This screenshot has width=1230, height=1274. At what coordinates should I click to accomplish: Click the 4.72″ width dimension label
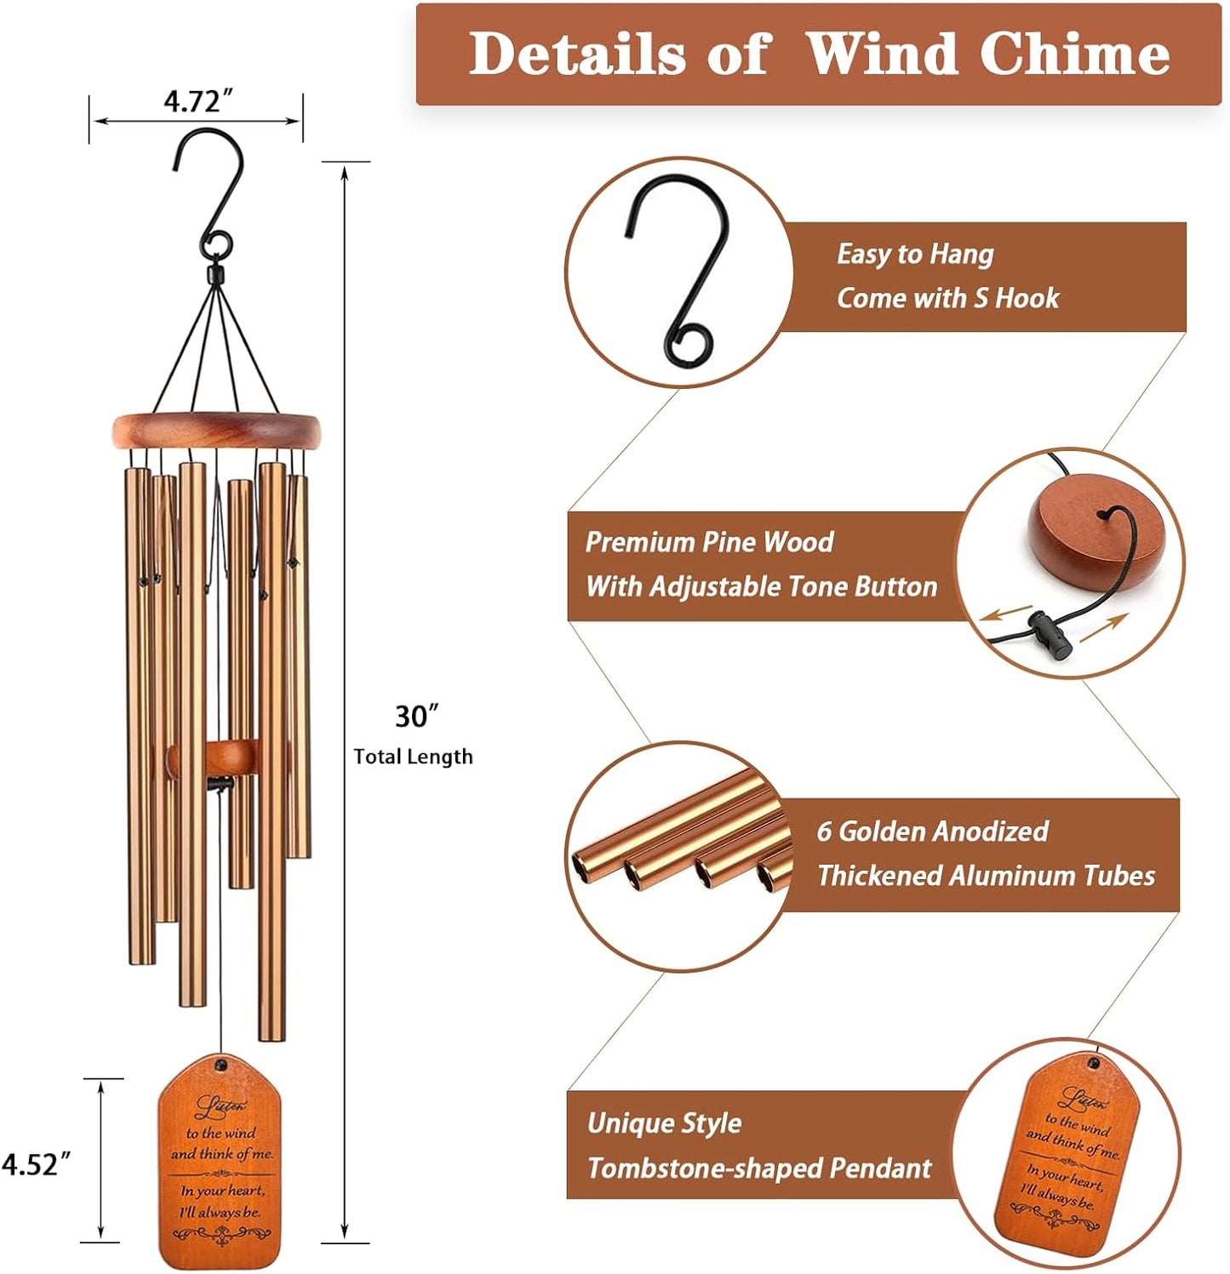tap(197, 101)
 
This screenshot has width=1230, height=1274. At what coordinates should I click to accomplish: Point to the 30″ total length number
tap(416, 717)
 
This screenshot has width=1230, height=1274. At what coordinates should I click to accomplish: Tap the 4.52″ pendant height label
tap(36, 1163)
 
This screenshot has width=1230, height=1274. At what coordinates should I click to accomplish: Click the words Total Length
tap(413, 757)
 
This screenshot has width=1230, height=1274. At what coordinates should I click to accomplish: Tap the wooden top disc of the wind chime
tap(216, 431)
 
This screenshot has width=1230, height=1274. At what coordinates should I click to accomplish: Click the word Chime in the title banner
tap(1074, 54)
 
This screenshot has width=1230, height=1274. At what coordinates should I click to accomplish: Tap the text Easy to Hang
tap(915, 254)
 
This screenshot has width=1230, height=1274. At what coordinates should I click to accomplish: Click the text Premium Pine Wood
tap(709, 542)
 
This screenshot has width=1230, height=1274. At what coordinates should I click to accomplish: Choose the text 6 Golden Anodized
tap(932, 831)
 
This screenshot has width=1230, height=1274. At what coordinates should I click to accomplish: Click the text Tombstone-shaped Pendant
tap(759, 1168)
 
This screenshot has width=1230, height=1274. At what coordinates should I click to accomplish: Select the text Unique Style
tap(664, 1123)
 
